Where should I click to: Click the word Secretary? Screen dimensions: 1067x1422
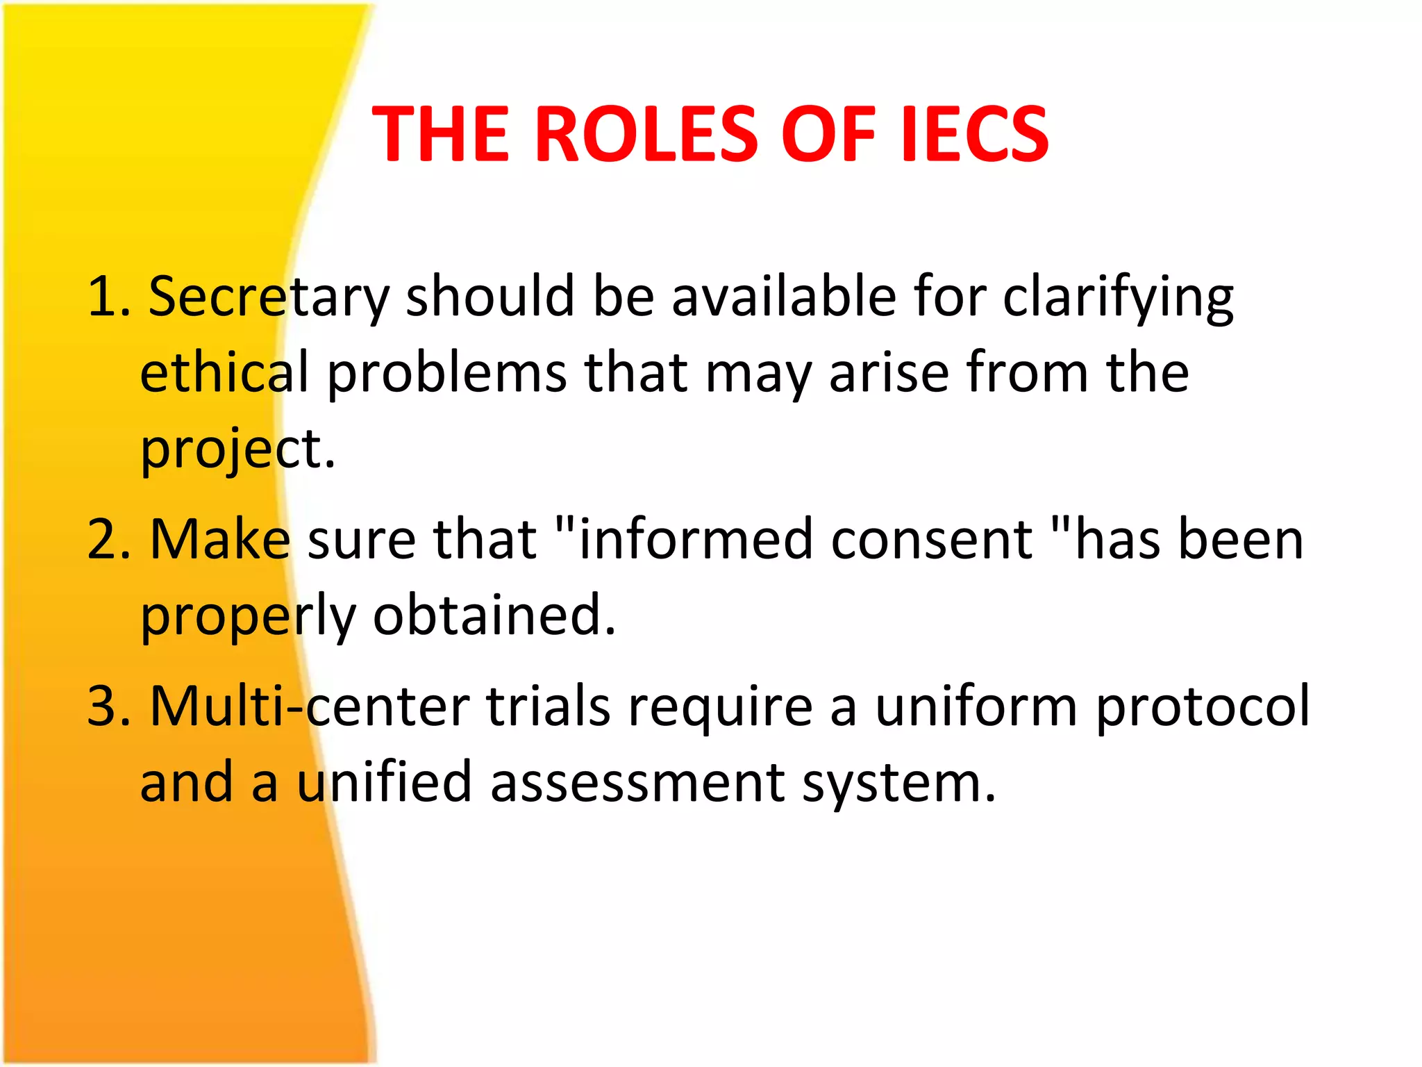[x=269, y=297]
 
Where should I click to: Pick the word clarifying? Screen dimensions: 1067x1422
[x=1118, y=297]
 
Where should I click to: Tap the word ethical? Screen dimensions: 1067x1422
[x=224, y=373]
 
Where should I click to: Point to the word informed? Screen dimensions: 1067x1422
[x=695, y=540]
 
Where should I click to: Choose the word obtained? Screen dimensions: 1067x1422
[x=494, y=615]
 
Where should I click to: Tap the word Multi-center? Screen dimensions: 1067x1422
[x=310, y=707]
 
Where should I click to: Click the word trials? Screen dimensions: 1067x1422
[x=549, y=707]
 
